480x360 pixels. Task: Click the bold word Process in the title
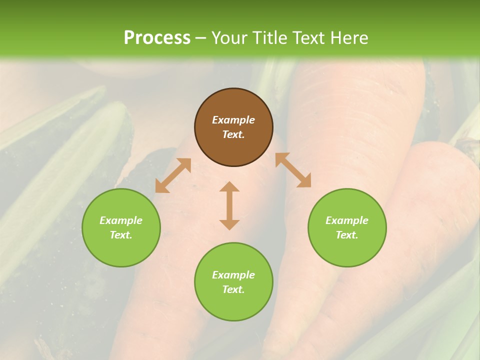tap(157, 38)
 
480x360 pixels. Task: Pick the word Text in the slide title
tap(308, 38)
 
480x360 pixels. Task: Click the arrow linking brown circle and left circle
tap(173, 175)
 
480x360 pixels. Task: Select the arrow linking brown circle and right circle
tap(293, 170)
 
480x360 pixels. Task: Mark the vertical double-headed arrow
tap(229, 205)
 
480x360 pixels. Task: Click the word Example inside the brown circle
tap(233, 120)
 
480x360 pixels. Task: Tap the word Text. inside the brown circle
tap(233, 134)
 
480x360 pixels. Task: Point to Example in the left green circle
tap(121, 220)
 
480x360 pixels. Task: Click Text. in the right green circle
tap(347, 235)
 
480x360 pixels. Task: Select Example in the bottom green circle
tap(233, 275)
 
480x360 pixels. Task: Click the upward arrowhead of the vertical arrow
tap(229, 186)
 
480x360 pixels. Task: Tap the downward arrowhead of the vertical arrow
tap(229, 225)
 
